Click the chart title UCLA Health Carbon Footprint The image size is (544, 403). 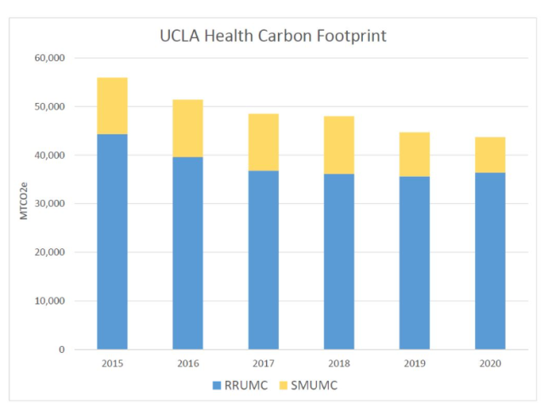pyautogui.click(x=272, y=37)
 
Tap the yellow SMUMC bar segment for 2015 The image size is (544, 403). pyautogui.click(x=112, y=105)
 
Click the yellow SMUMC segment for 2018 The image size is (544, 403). pyautogui.click(x=339, y=145)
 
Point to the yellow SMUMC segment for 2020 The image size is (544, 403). pyautogui.click(x=490, y=155)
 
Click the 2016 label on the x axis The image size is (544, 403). pyautogui.click(x=188, y=363)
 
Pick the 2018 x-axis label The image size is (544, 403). pyautogui.click(x=339, y=363)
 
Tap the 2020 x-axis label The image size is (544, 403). pyautogui.click(x=490, y=363)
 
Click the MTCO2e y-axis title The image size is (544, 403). pyautogui.click(x=25, y=203)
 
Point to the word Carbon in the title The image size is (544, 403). pyautogui.click(x=280, y=37)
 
